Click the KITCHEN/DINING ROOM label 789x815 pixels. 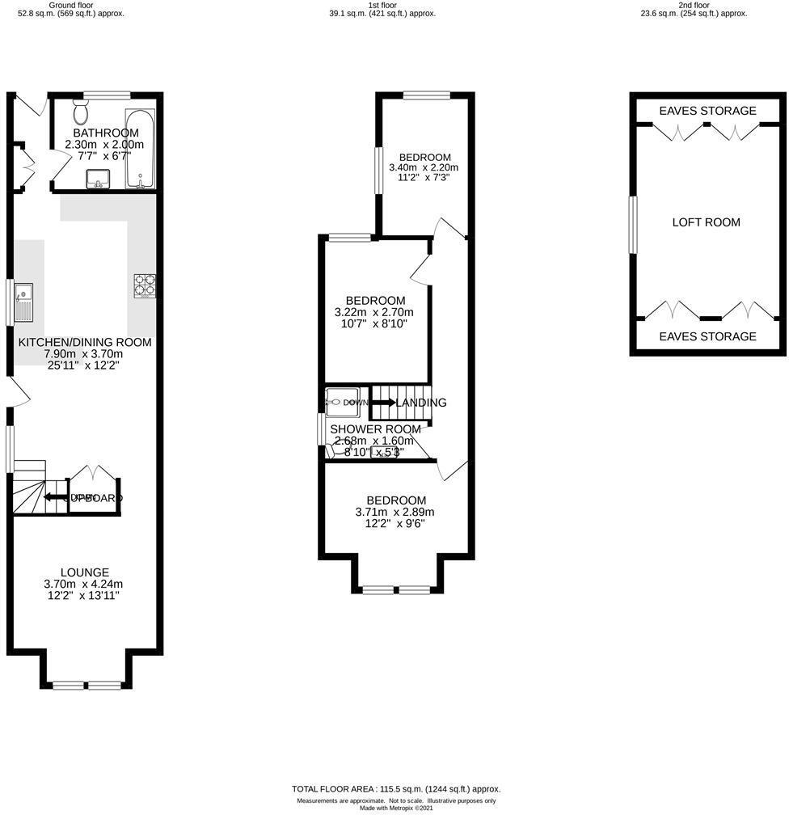coord(85,342)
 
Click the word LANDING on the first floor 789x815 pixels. coord(421,403)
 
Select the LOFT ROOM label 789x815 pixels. coord(706,222)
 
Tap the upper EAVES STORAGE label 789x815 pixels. coord(707,111)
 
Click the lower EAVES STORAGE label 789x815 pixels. coord(707,336)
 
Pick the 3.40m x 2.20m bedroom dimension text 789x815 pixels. coord(424,168)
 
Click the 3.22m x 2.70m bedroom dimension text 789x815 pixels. coord(373,312)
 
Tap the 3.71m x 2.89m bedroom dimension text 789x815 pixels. coord(394,512)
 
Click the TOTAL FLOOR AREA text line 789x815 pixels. coord(395,789)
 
